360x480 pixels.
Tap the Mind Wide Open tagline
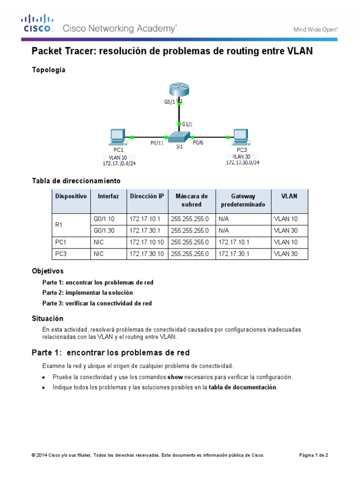315,29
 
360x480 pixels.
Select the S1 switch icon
178,137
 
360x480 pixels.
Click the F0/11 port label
157,143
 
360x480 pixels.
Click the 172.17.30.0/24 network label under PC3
243,163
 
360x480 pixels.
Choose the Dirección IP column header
147,196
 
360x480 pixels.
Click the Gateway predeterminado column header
243,200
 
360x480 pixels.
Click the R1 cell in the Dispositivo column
59,225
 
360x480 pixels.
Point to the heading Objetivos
47,271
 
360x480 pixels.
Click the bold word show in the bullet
175,377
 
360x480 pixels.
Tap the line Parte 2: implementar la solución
87,292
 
